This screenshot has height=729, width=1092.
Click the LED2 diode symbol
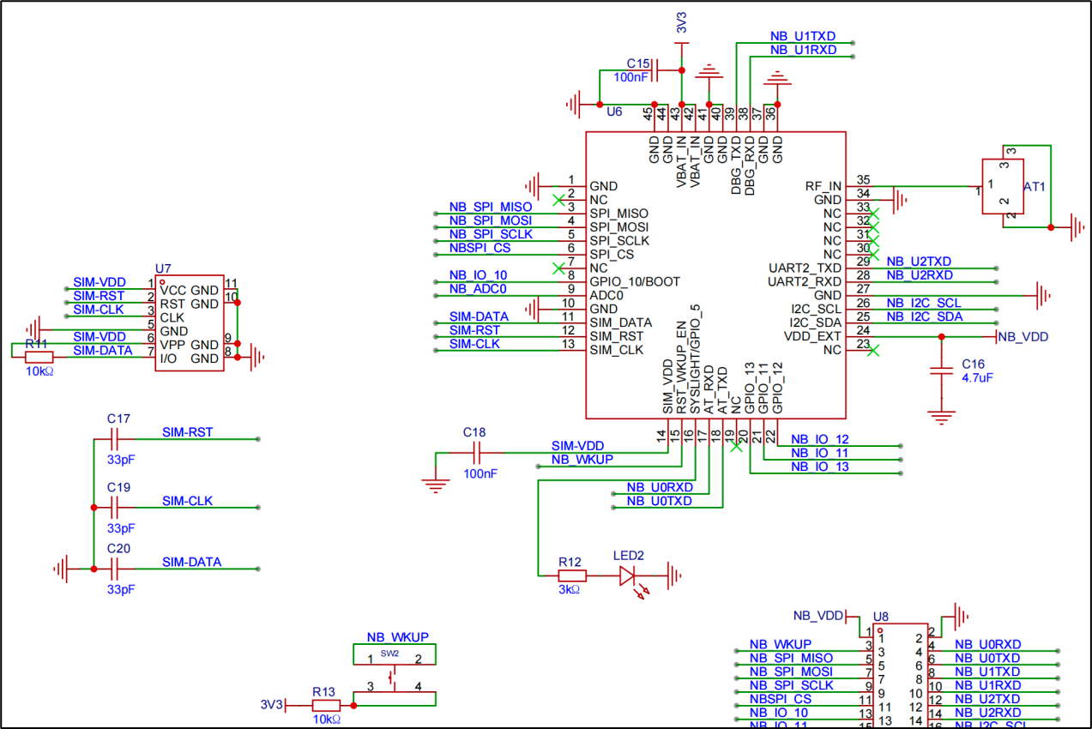tap(632, 575)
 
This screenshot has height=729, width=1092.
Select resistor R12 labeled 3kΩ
tap(572, 575)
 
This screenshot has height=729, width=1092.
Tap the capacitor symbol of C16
tap(941, 371)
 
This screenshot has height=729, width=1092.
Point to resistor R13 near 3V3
tap(325, 705)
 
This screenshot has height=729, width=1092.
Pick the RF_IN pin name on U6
tap(824, 186)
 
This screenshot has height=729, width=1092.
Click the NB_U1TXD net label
tap(802, 37)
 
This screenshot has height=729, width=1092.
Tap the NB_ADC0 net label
tap(478, 289)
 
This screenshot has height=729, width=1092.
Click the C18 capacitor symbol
tap(474, 452)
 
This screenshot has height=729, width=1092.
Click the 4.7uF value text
tap(978, 377)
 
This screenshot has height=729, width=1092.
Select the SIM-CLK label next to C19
tap(187, 501)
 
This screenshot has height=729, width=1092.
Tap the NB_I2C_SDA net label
tap(924, 316)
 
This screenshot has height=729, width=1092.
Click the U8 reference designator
tap(880, 617)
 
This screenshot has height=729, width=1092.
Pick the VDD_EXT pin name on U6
tap(812, 337)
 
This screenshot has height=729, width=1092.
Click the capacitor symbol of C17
tap(118, 439)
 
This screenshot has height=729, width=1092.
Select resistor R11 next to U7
tap(39, 357)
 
